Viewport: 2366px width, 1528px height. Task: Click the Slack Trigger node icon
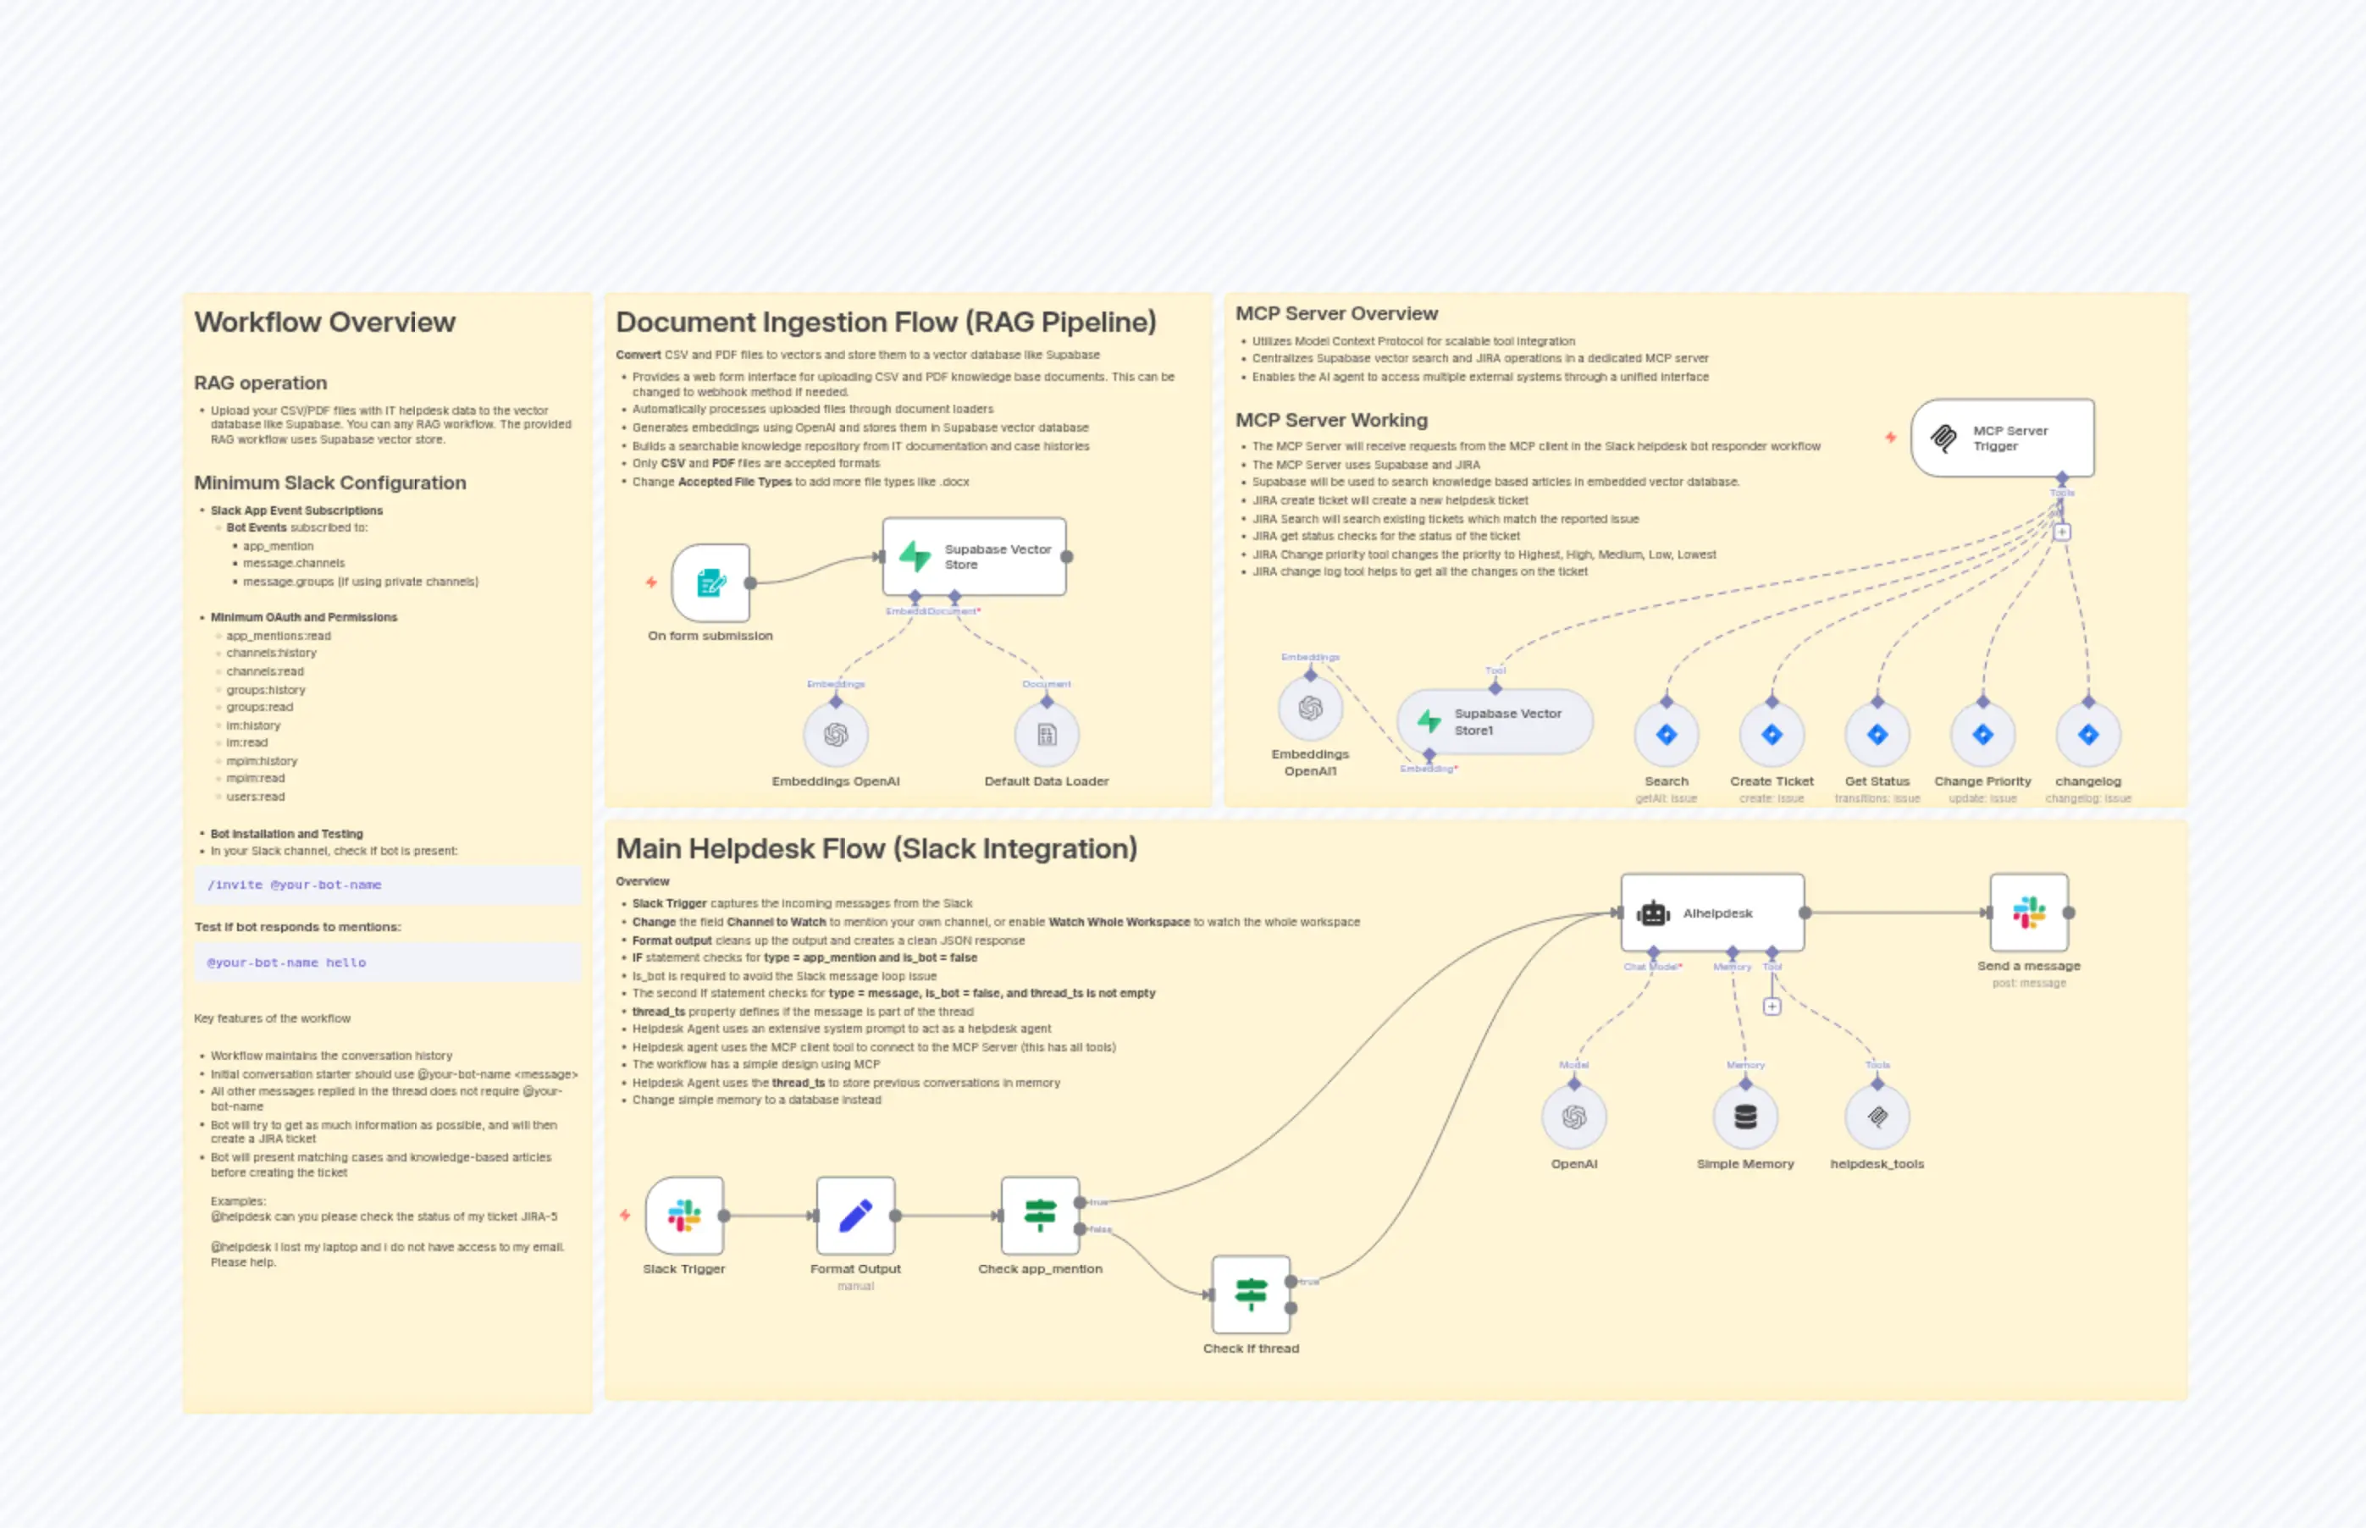683,1216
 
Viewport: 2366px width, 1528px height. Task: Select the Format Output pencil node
855,1216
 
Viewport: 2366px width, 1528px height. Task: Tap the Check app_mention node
1040,1216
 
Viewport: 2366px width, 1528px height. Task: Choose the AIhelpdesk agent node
1712,913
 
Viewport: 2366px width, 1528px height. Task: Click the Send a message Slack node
2029,913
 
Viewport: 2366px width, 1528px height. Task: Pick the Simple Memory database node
1744,1117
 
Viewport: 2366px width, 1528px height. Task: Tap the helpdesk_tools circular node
1877,1117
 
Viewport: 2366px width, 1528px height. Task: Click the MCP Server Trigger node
2002,438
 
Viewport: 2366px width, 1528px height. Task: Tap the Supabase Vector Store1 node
1495,721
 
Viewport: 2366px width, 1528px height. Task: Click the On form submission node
710,582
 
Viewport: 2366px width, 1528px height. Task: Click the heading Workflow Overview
324,323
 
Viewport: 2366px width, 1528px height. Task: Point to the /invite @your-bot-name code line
294,885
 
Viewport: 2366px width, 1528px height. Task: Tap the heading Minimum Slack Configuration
329,483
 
